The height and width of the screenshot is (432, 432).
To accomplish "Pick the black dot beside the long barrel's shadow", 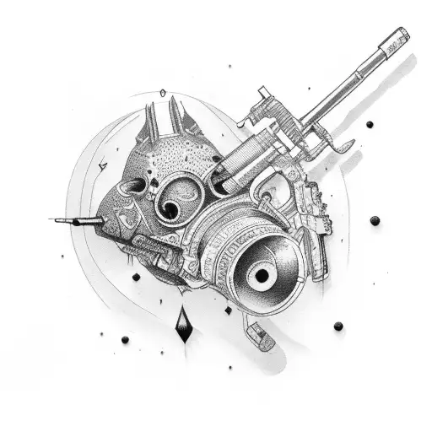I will coord(369,124).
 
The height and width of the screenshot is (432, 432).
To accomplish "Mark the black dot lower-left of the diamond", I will coord(125,339).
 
